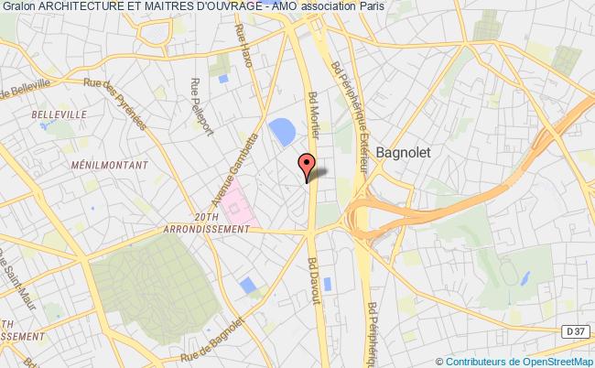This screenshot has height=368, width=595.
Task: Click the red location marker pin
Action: [308, 165]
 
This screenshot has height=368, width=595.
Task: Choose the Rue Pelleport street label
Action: [197, 103]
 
